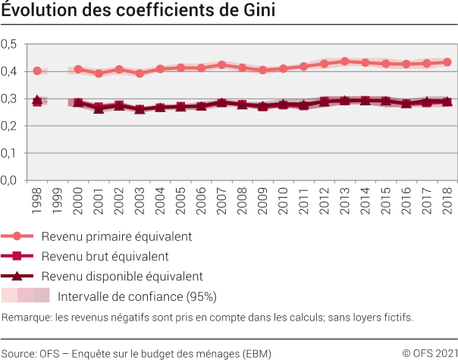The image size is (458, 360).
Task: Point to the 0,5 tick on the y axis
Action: pos(9,44)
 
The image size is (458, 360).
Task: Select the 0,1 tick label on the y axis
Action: pos(9,153)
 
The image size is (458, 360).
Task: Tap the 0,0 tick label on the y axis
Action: pos(9,180)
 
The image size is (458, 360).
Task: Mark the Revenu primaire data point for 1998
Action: pos(37,70)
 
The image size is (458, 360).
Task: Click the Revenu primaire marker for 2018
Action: pos(447,62)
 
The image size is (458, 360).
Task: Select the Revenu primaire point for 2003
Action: pos(140,74)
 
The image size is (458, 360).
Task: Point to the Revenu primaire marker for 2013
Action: pos(344,61)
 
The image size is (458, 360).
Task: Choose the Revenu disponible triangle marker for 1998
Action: pos(37,100)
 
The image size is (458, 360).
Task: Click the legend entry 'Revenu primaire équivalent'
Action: pos(116,236)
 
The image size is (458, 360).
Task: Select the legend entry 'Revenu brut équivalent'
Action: pos(105,256)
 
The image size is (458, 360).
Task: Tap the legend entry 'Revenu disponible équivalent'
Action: pos(121,276)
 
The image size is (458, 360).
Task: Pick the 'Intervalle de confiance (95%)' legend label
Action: pos(137,296)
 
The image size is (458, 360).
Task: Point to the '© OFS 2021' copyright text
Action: pos(429,352)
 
